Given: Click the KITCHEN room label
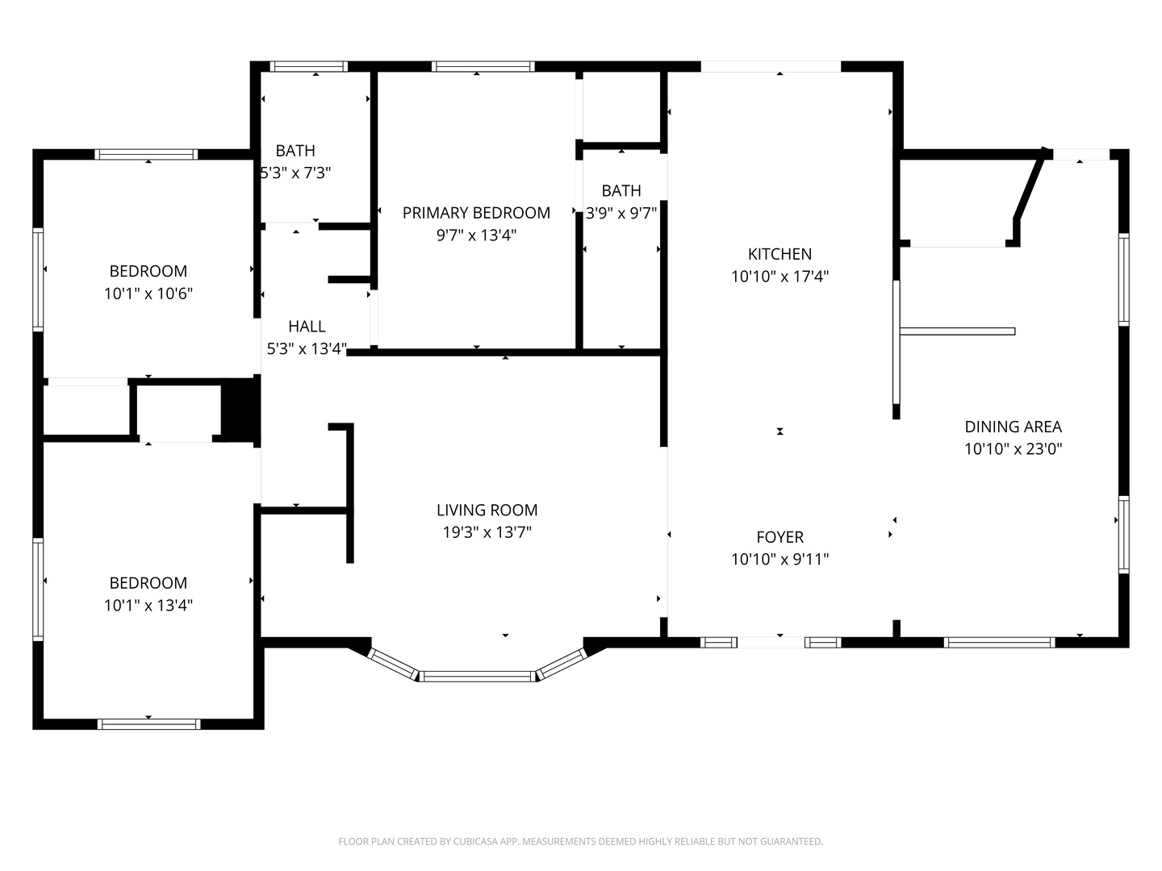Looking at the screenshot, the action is [780, 254].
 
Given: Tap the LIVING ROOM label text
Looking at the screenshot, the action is [487, 511].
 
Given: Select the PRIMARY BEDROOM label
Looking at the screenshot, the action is [476, 213].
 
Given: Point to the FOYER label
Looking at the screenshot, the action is [780, 537].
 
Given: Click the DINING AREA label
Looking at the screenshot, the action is [1014, 427].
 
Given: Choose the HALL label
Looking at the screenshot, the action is [307, 327].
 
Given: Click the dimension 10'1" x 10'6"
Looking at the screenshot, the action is [148, 294].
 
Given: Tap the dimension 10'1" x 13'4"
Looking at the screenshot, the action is [148, 605].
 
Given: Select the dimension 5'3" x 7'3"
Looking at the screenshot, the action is [295, 173].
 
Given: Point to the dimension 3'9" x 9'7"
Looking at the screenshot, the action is [621, 213].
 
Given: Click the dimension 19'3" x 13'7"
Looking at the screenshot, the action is [487, 532].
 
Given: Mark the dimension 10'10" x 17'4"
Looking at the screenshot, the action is [780, 277].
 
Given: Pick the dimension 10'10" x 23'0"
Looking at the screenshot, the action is [1014, 449].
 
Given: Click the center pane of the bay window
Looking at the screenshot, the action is [478, 677].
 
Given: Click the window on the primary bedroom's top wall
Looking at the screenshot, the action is [483, 67].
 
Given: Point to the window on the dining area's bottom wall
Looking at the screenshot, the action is [999, 643].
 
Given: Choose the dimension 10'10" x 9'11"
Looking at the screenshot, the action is [780, 559].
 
